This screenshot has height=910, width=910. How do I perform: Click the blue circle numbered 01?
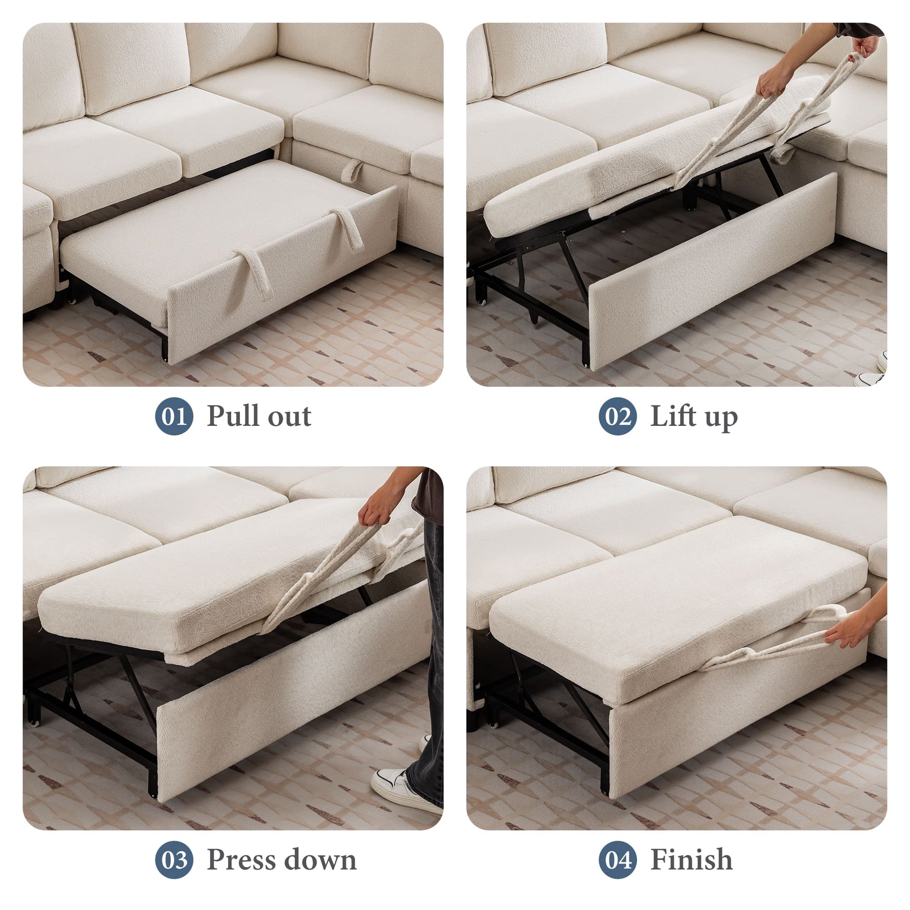174,416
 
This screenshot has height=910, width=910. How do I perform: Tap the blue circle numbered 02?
618,416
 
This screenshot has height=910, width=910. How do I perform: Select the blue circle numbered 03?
174,859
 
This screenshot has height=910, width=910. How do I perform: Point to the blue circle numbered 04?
618,859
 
